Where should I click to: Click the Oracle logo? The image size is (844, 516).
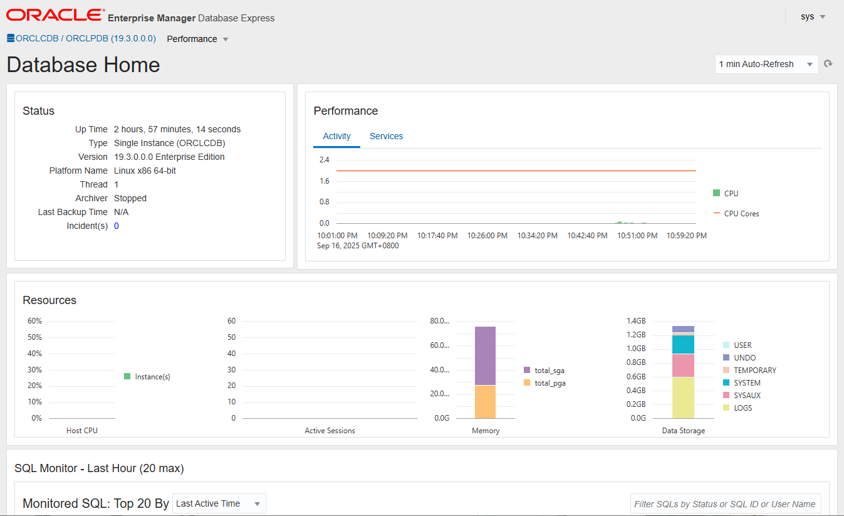[56, 15]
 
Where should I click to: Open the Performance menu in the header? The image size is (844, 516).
[197, 39]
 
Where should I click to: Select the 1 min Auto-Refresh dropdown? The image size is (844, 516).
[766, 64]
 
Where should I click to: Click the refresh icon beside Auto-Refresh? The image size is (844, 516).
[828, 64]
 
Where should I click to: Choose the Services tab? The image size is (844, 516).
[386, 136]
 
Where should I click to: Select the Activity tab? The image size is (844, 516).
[336, 136]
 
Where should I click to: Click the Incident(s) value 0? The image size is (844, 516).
[117, 226]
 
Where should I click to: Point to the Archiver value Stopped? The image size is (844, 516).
[130, 198]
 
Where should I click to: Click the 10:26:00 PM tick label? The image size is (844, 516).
[487, 236]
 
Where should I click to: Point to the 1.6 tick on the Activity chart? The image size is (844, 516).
[324, 181]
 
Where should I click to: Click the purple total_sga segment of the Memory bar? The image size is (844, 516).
[485, 355]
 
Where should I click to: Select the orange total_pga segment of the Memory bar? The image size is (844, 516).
[485, 402]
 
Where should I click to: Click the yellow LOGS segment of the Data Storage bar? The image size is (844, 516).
[683, 398]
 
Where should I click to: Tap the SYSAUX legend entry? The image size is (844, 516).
[747, 396]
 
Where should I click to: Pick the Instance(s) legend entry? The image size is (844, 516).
[152, 377]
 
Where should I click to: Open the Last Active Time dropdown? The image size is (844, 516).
[219, 503]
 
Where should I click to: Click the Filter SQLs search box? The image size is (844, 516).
[725, 504]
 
